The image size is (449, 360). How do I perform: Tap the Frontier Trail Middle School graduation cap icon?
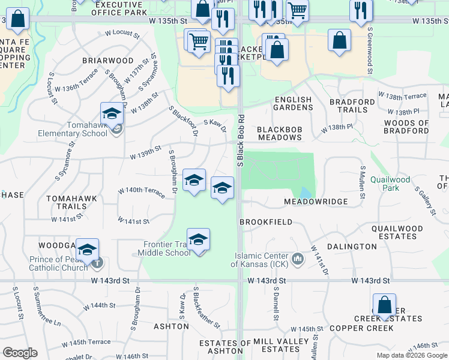coord(198,239)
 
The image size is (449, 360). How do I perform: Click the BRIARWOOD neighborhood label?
coord(108,61)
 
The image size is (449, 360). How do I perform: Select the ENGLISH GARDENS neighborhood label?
coord(294,103)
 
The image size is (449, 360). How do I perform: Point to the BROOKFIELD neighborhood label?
coord(266,222)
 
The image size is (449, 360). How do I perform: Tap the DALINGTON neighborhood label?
coord(352,247)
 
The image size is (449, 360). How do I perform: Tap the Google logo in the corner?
coord(20,352)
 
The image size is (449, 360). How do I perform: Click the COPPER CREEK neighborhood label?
coord(361,328)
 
